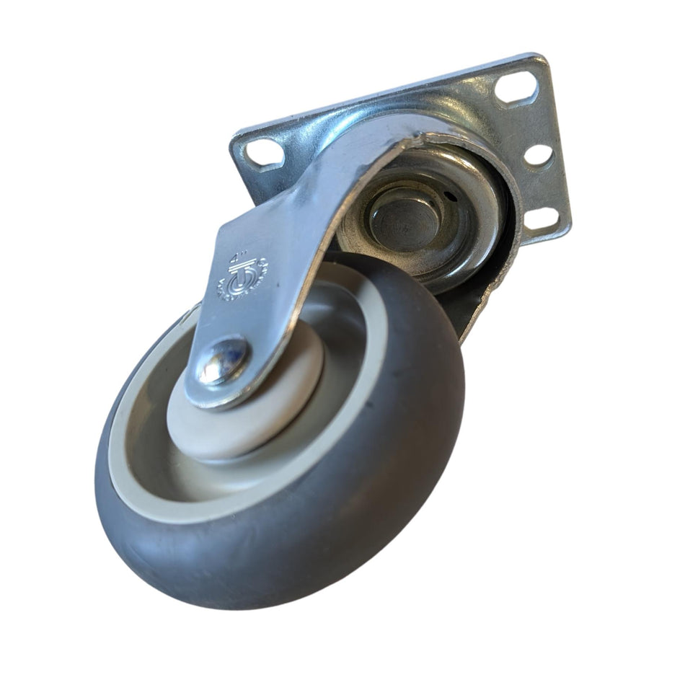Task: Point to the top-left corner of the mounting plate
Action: (x=234, y=137)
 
